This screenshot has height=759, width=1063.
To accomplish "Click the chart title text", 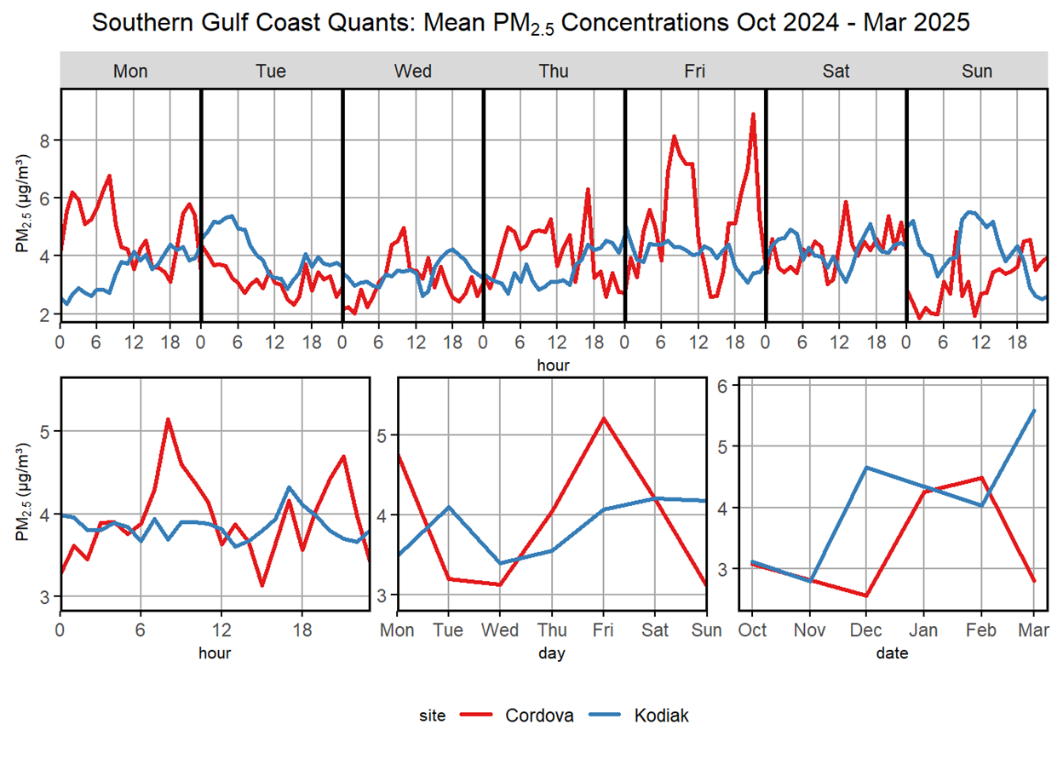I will tap(531, 23).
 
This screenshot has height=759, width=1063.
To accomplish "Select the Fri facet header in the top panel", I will tap(694, 71).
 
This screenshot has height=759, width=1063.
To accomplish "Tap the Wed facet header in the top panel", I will tap(412, 71).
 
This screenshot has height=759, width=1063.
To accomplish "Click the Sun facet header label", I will tap(976, 71).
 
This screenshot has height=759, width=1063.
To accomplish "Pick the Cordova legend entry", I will tap(539, 716).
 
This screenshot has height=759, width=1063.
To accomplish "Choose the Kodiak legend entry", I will tap(661, 716).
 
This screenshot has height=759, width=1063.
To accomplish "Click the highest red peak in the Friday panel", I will tap(753, 114).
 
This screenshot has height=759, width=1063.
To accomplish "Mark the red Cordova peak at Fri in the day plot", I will tap(604, 418).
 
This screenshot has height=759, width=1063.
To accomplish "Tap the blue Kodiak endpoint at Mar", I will tap(1034, 411).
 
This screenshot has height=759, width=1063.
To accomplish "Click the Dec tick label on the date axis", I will tap(866, 631).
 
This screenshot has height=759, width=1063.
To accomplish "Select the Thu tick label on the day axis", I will tap(552, 631).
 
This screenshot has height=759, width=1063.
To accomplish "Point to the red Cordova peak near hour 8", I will tap(168, 419).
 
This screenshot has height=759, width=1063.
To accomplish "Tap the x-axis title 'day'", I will tap(552, 653).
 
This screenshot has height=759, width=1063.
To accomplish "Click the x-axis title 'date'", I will tap(893, 653).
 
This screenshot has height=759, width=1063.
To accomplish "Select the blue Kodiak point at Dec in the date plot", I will tap(866, 467).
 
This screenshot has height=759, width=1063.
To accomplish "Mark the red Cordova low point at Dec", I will tap(866, 595).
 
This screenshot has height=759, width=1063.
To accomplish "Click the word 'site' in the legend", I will tap(433, 716).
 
